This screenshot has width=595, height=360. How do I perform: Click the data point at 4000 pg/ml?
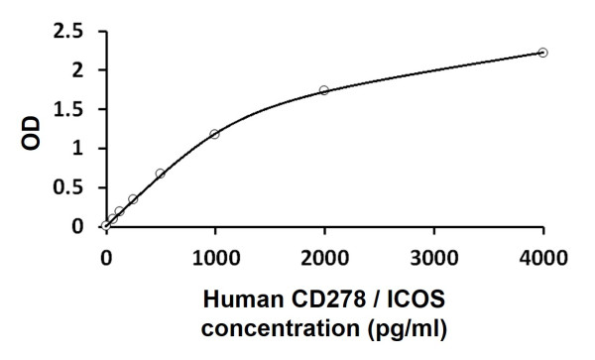[x=542, y=52]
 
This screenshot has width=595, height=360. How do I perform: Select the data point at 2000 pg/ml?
[x=324, y=90]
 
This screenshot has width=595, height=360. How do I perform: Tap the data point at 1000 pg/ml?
[x=214, y=134]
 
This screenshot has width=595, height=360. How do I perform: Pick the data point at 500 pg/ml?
[x=160, y=174]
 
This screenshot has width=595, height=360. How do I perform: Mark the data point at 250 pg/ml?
[x=133, y=198]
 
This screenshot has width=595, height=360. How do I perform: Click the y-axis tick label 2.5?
[x=69, y=31]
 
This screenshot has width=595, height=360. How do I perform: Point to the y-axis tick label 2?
[x=78, y=70]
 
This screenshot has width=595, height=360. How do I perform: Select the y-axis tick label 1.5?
[x=69, y=109]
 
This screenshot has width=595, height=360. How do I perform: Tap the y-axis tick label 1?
[x=78, y=149]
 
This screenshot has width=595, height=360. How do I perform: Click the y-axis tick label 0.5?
[x=69, y=187]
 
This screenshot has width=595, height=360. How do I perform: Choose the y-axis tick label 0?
[x=78, y=227]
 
